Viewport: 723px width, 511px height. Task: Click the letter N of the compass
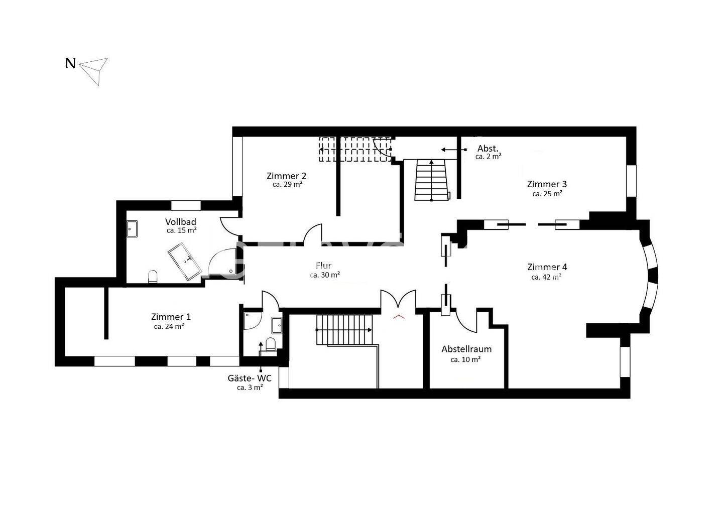coord(70,64)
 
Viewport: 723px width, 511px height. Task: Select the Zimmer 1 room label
coord(171,316)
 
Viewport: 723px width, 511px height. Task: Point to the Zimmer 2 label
coord(286,176)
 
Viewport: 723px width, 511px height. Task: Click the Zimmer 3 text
coord(547,184)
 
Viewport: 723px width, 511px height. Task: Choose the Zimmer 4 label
coord(547,267)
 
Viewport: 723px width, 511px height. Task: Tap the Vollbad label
coord(181,222)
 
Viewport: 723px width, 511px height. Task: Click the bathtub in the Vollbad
coord(185,262)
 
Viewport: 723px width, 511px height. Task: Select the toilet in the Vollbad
coord(153,277)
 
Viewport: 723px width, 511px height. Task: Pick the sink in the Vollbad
coord(132,229)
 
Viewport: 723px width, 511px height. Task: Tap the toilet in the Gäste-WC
coord(271,344)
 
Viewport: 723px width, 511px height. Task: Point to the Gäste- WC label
coord(250,378)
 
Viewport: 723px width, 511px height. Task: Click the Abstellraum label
coord(466,349)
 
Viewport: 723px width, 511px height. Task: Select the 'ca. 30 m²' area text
coord(325,275)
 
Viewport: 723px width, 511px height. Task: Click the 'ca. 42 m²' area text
coord(546,277)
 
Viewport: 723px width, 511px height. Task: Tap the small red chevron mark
coord(399,317)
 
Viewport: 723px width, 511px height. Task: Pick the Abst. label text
coord(488,149)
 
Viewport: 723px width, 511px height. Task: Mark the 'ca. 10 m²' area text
coord(466,359)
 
